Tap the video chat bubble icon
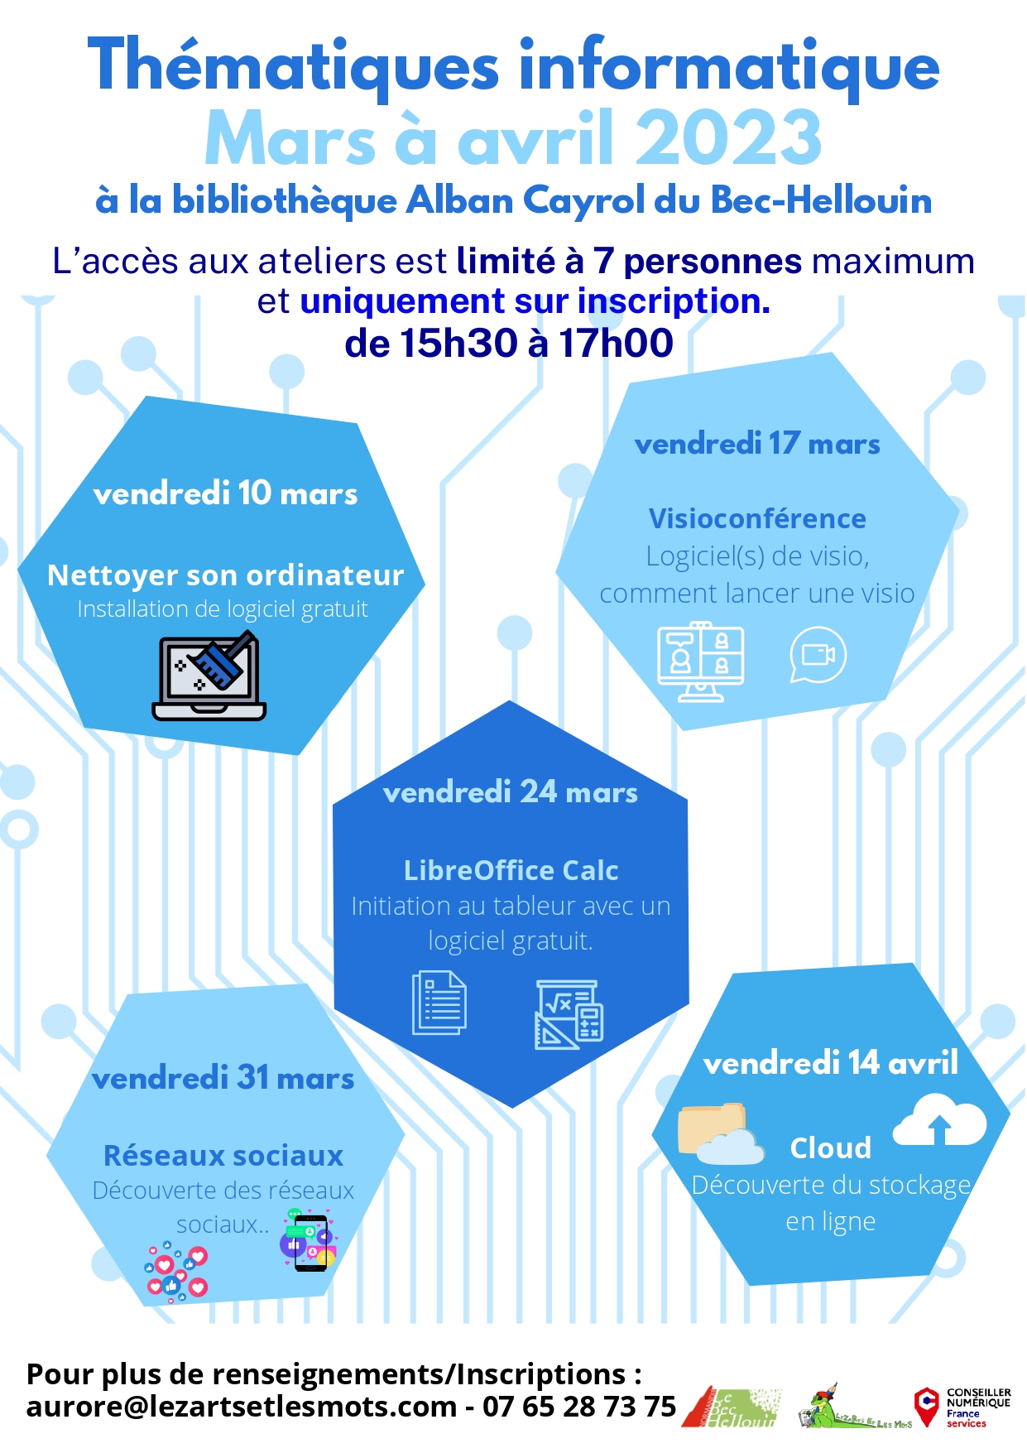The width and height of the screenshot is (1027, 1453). pos(818,655)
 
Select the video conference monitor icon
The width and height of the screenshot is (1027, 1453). pos(700,662)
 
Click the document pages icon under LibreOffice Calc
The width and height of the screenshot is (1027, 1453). pos(439,1003)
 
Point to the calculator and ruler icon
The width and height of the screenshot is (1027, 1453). pos(569,1013)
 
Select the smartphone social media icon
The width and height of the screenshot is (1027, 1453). pos(309,1239)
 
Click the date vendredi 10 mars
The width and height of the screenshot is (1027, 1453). pos(225,494)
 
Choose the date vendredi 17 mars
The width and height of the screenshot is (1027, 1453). pos(756,445)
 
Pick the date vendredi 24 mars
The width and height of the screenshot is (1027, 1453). pos(510,792)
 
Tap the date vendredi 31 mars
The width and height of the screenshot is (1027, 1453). pos(223,1078)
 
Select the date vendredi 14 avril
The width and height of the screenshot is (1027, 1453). pos(830,1062)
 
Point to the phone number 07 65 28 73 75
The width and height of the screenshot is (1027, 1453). pos(579,1406)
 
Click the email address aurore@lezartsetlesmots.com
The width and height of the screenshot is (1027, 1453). pos(242,1406)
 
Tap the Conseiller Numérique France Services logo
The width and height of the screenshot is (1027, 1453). pos(962,1407)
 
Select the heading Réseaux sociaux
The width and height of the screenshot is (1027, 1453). pos(223,1155)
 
